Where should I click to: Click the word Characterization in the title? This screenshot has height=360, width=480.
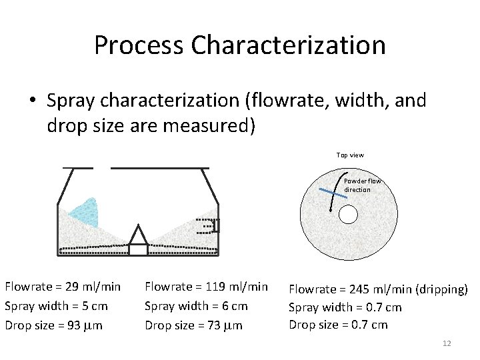(288, 45)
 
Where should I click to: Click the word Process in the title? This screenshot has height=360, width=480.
(139, 45)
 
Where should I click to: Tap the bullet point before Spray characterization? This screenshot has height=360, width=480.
(33, 101)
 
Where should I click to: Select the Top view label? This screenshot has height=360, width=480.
(350, 155)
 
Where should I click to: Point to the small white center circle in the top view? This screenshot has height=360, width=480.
(349, 214)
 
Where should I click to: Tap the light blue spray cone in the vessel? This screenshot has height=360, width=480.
(86, 213)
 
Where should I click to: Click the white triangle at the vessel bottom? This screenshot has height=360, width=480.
(138, 235)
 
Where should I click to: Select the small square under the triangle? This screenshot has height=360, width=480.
(138, 250)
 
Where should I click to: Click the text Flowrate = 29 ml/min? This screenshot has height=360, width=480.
(63, 287)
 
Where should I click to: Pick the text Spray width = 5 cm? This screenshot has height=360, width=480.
(56, 306)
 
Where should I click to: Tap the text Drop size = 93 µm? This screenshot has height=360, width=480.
(53, 325)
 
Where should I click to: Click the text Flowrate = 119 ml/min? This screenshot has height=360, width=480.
(206, 287)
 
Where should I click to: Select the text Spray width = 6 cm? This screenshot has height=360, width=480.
(196, 306)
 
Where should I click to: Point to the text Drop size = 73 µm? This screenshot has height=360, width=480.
(193, 325)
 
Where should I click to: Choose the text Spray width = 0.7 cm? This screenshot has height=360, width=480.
(345, 307)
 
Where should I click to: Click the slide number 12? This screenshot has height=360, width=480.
(447, 343)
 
